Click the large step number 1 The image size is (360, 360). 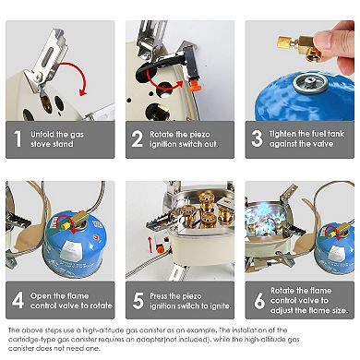[x=18, y=138]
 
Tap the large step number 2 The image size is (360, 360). [x=138, y=138]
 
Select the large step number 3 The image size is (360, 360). [x=257, y=138]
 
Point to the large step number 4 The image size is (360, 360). [x=18, y=300]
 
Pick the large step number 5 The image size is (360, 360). [x=138, y=301]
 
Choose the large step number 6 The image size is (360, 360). [x=259, y=301]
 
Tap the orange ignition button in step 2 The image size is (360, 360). [x=196, y=85]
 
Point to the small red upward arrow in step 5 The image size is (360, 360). [x=150, y=245]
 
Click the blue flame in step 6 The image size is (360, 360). [x=264, y=219]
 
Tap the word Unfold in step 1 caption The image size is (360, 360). [x=42, y=135]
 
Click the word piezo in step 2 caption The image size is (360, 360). [x=199, y=135]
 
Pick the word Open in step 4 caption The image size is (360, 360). [x=41, y=296]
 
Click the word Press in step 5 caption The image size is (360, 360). [x=160, y=296]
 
